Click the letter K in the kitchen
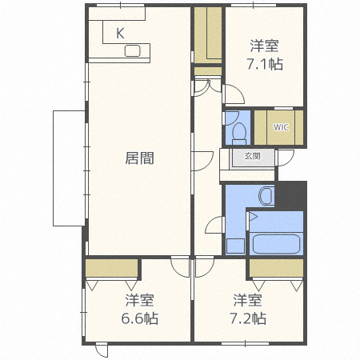120,34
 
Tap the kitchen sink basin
133,52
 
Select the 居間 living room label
139,158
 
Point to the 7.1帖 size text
265,63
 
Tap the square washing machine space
234,246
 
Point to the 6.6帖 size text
139,318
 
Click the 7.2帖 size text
249,318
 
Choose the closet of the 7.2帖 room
276,267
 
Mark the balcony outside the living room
69,169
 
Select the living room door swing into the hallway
202,159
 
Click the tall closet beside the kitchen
207,35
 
